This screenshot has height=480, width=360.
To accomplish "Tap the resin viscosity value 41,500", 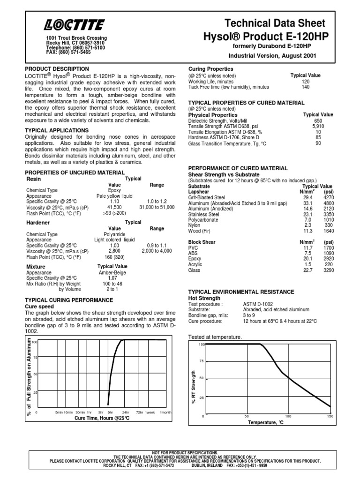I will click(114, 207).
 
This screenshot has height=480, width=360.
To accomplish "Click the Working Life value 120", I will click(306, 81).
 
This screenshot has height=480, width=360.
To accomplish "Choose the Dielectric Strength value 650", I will click(318, 121).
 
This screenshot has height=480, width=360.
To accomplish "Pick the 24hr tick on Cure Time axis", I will click(126, 412).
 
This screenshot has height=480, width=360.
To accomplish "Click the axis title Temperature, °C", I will click(266, 422).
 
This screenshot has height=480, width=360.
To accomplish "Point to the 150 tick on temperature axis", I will click(330, 416).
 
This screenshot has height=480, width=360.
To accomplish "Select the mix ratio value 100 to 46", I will click(112, 284).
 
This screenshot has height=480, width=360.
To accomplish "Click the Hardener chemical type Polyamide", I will click(114, 234).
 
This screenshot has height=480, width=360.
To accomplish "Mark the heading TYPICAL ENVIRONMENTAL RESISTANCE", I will click(241, 292).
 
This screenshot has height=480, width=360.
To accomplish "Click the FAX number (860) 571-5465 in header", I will click(69, 52).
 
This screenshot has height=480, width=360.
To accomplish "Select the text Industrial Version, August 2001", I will click(275, 55).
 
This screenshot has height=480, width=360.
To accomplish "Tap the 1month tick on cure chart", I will click(166, 412).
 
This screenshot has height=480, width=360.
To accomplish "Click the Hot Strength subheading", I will click(204, 298).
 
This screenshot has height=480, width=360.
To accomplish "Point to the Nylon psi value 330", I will click(329, 225).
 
